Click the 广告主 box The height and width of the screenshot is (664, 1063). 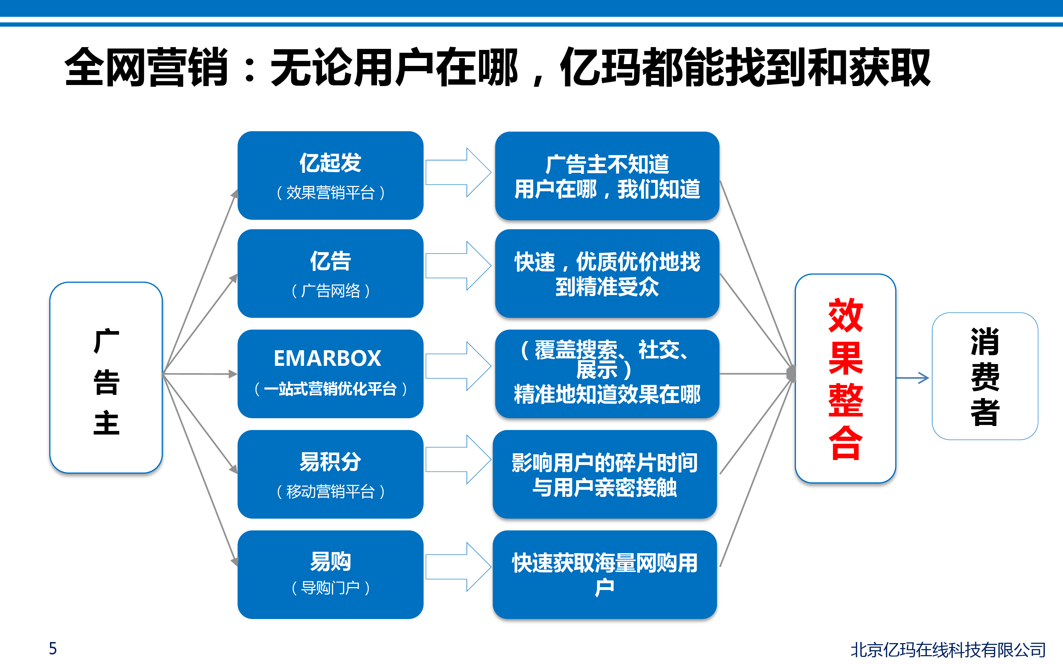pyautogui.click(x=106, y=378)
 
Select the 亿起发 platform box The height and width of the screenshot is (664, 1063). pyautogui.click(x=330, y=175)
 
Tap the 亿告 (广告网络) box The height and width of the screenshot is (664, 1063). pyautogui.click(x=330, y=273)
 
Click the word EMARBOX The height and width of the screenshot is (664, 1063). pyautogui.click(x=327, y=358)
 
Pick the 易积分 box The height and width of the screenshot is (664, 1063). pyautogui.click(x=330, y=474)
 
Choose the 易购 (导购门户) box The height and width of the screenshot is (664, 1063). pyautogui.click(x=330, y=574)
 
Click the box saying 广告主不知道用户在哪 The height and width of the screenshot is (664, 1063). pyautogui.click(x=607, y=176)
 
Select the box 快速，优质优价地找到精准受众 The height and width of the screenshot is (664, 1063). pyautogui.click(x=607, y=273)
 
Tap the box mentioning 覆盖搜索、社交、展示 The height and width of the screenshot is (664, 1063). pyautogui.click(x=607, y=374)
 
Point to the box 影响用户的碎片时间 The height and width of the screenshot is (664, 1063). pyautogui.click(x=605, y=474)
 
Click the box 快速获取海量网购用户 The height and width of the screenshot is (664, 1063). pyautogui.click(x=605, y=574)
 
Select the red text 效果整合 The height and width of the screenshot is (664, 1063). pyautogui.click(x=845, y=379)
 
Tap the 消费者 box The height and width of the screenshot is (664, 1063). pyautogui.click(x=985, y=376)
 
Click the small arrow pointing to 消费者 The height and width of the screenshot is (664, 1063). pyautogui.click(x=912, y=378)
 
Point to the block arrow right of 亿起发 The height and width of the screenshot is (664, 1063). pyautogui.click(x=459, y=172)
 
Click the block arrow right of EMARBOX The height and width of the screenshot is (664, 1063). pyautogui.click(x=459, y=366)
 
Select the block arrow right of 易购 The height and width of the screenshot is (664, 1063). pyautogui.click(x=459, y=567)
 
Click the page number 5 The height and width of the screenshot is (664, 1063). pyautogui.click(x=53, y=648)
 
